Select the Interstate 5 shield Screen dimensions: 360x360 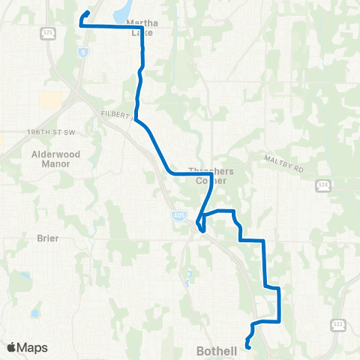tap(82, 52)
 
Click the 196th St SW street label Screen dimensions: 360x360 tap(50, 132)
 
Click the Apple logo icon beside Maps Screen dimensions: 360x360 tap(10, 348)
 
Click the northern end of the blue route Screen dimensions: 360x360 tap(88, 12)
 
